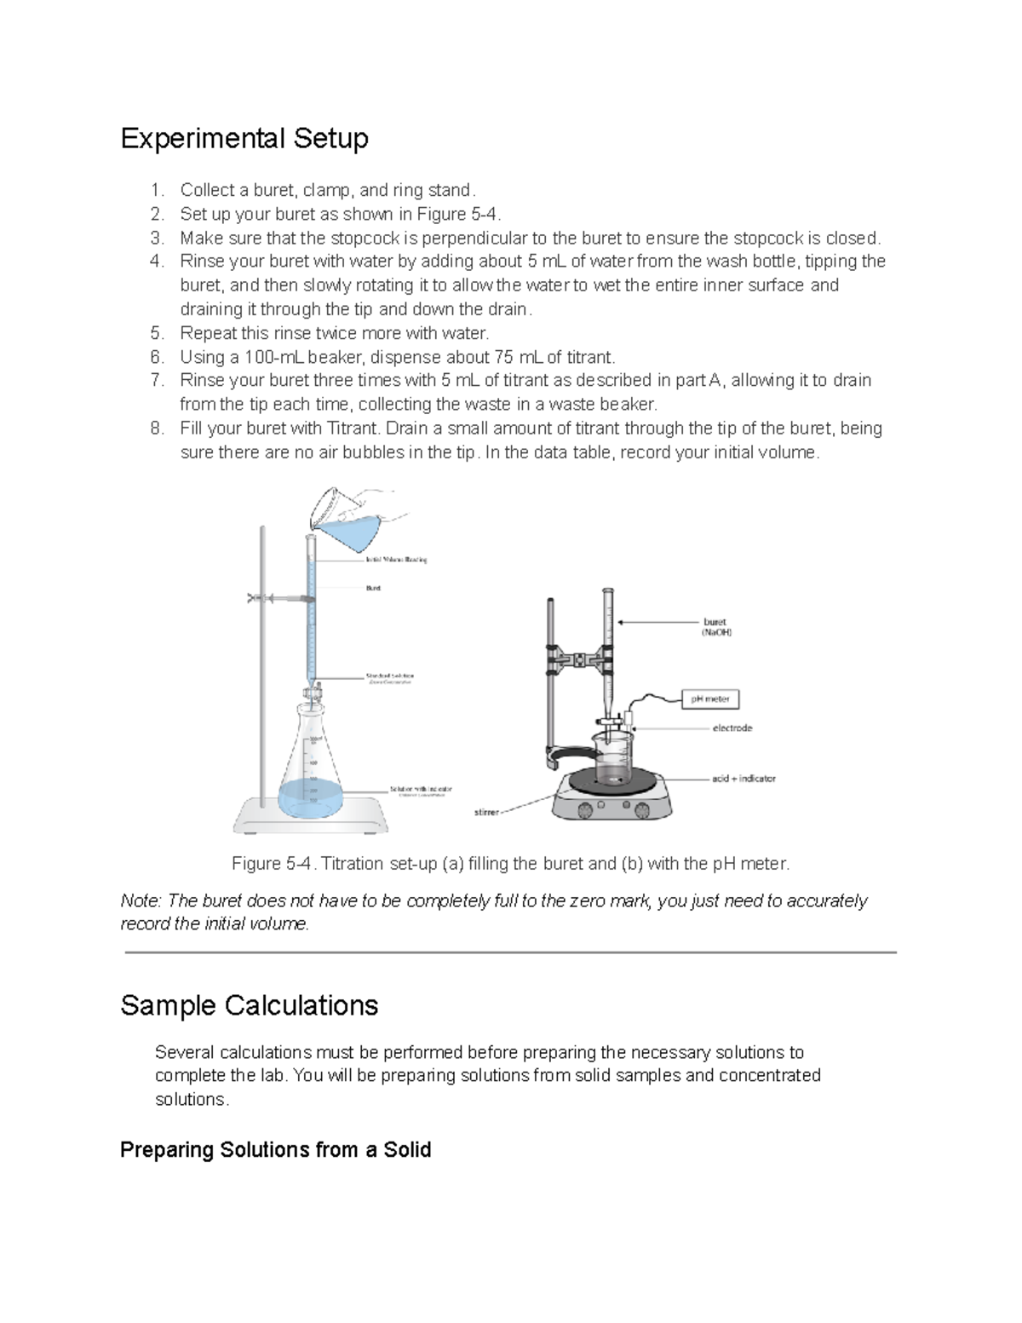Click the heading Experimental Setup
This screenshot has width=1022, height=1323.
pyautogui.click(x=244, y=138)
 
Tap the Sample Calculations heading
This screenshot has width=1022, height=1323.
pyautogui.click(x=250, y=1005)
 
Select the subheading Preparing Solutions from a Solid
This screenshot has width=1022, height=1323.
pyautogui.click(x=275, y=1150)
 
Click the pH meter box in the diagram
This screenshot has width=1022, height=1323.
pyautogui.click(x=710, y=699)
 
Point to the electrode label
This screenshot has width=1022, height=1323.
pyautogui.click(x=732, y=728)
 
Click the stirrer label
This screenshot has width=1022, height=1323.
pyautogui.click(x=486, y=813)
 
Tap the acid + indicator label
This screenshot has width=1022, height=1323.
pyautogui.click(x=744, y=779)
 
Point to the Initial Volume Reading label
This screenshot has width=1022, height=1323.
pyautogui.click(x=396, y=560)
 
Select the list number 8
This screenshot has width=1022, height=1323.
pyautogui.click(x=156, y=429)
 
